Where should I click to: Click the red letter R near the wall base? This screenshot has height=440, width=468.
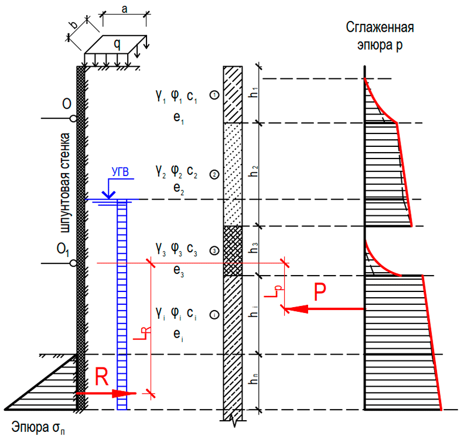tap(102, 377)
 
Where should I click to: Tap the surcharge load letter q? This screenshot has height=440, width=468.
tap(117, 43)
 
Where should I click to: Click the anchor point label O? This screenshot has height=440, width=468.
tap(67, 104)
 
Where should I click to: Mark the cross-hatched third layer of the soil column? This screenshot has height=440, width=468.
tap(233, 250)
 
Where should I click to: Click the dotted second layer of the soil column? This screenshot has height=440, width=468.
tap(233, 174)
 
